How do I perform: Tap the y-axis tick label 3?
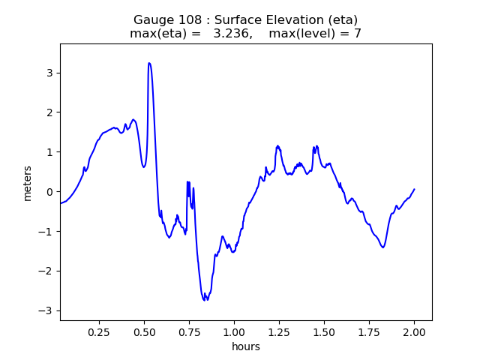tap(49, 73)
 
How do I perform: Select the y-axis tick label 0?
tap(49, 192)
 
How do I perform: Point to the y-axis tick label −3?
tap(46, 310)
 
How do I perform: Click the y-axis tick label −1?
tap(46, 232)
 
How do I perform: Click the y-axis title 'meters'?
tap(28, 182)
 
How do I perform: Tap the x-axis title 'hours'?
tap(246, 346)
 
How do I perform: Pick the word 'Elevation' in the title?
tap(273, 19)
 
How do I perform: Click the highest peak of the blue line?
tap(149, 63)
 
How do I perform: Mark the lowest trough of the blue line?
tap(205, 300)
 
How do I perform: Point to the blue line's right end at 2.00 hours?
tap(414, 190)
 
